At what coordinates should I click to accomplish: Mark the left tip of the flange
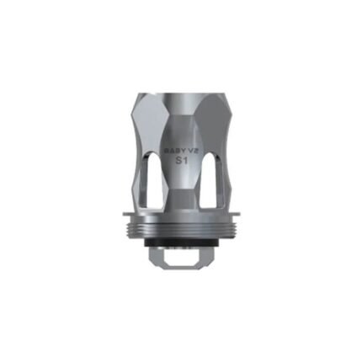(x=117, y=217)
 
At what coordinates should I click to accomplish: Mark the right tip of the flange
(x=245, y=217)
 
